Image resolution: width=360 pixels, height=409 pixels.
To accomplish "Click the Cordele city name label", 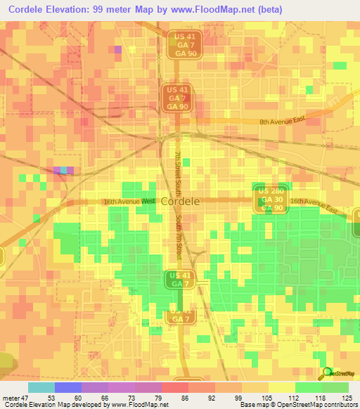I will [x=180, y=201].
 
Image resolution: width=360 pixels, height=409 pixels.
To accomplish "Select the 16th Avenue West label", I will [x=129, y=201].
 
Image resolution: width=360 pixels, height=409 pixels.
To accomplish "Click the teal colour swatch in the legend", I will [x=41, y=387].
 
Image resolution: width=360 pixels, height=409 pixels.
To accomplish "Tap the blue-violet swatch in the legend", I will [x=68, y=387].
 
